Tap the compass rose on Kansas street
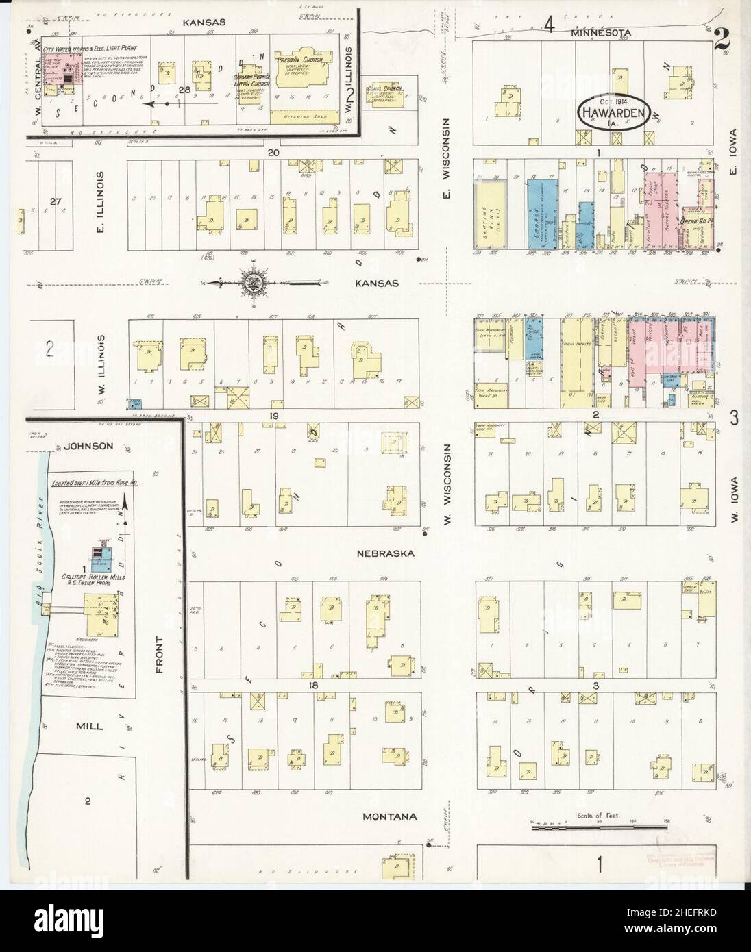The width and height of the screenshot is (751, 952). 249,282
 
